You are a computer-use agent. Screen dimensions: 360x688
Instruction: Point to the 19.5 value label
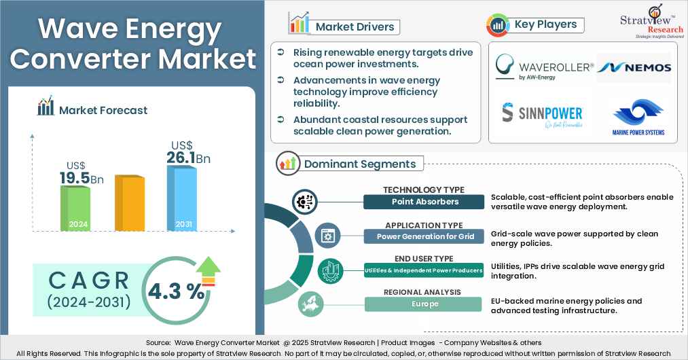point(75,178)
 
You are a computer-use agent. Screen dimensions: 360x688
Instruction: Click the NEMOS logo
point(635,67)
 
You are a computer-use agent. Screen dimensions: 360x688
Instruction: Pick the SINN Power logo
point(542,113)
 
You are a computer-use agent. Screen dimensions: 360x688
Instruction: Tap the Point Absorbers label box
point(425,202)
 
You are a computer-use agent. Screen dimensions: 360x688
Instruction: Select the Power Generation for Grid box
point(425,236)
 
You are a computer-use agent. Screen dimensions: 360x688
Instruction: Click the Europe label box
point(425,304)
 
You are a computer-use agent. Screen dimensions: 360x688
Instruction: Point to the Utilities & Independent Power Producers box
point(425,270)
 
